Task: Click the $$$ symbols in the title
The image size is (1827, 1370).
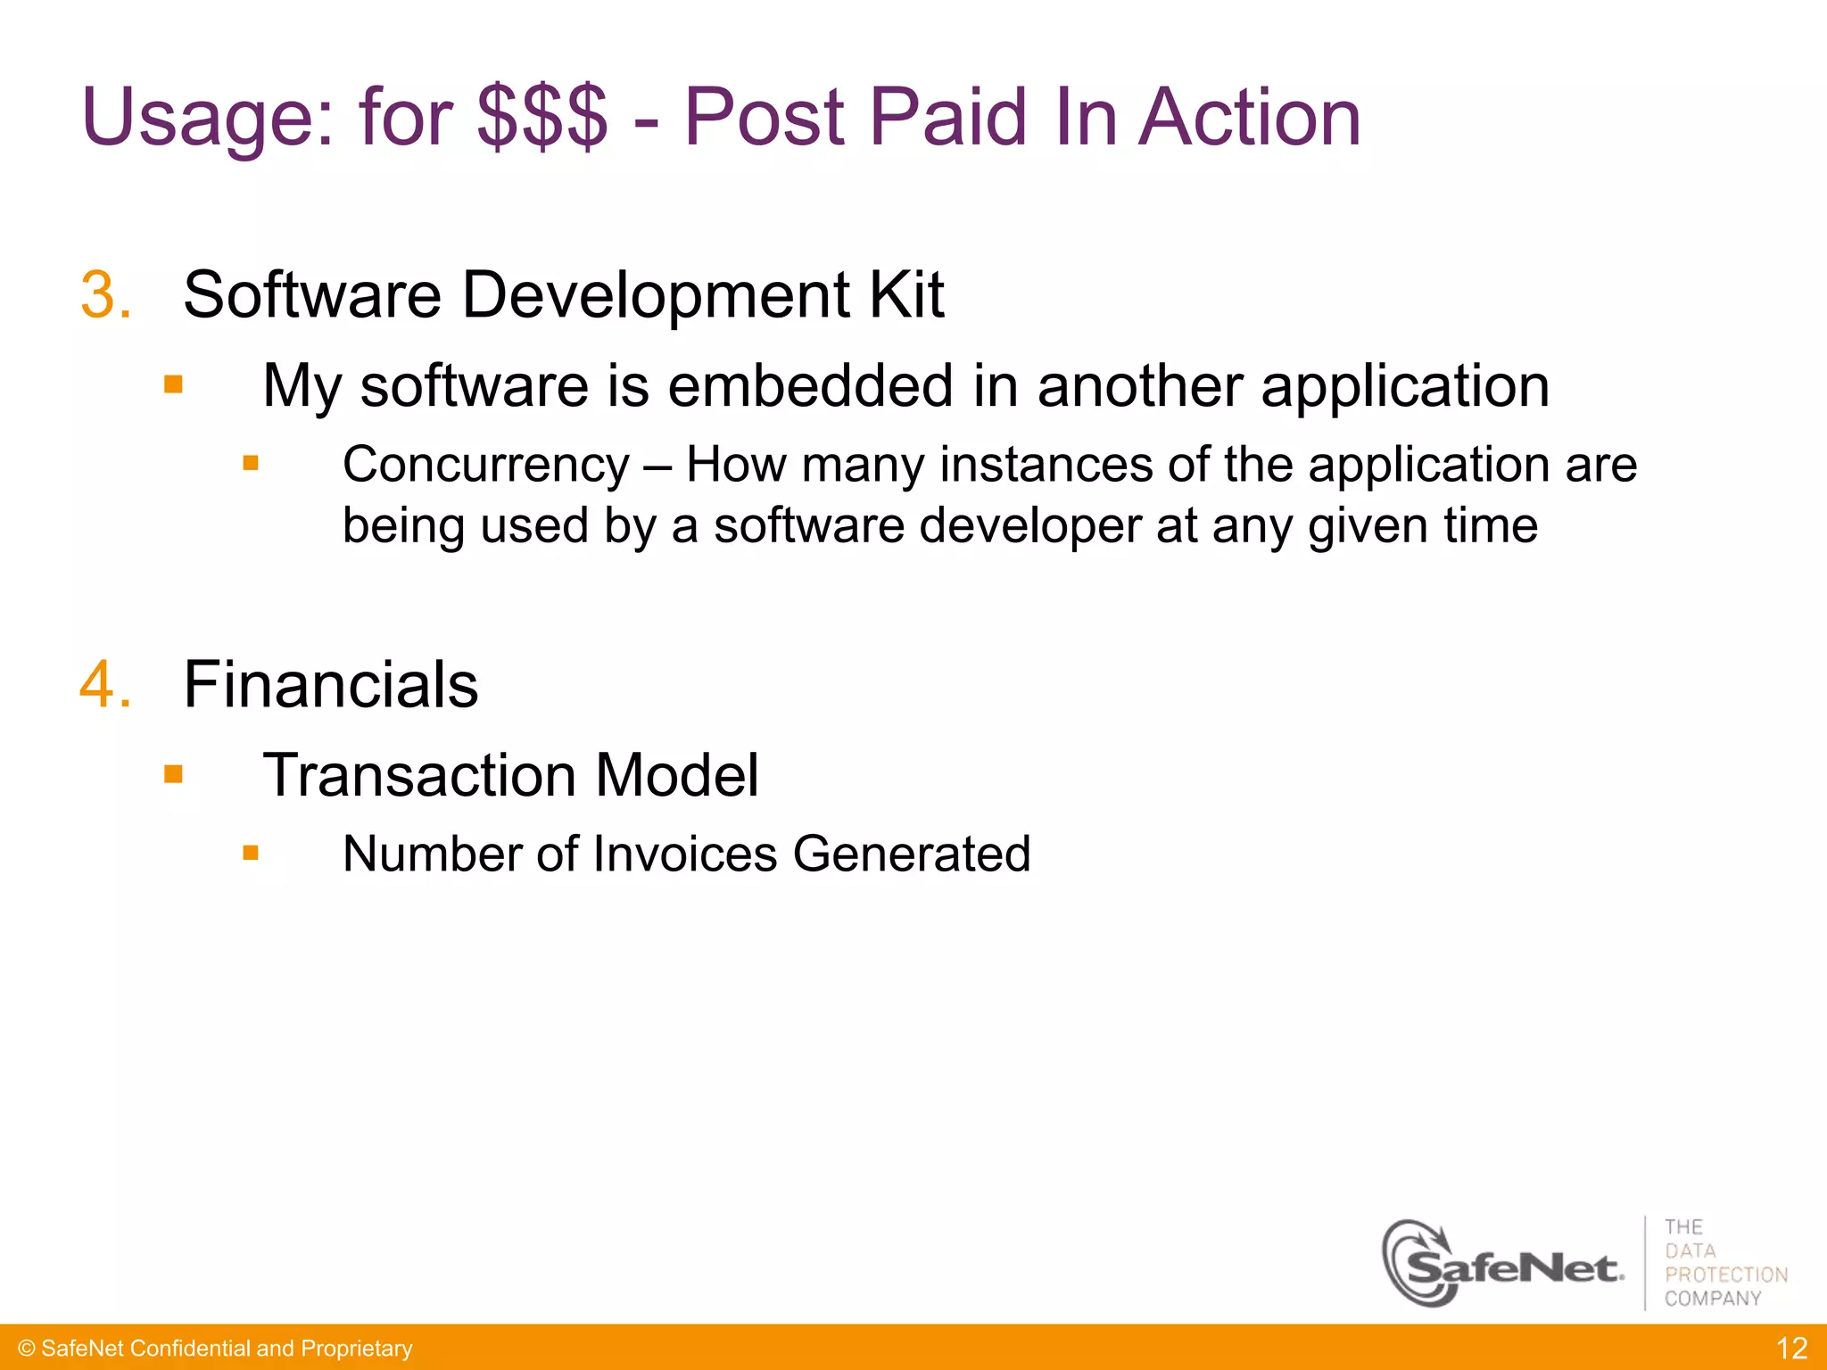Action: click(542, 118)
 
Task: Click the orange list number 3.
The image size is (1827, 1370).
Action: click(104, 295)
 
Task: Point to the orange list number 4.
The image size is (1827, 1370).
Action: click(104, 685)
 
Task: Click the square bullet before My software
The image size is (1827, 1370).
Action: click(173, 385)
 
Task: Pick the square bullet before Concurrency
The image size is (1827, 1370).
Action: click(251, 463)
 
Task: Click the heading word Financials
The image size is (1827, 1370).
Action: click(330, 685)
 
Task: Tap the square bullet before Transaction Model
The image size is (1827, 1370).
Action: click(173, 774)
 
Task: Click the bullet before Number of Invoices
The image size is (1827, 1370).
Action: click(251, 853)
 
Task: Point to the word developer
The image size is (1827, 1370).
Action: click(1030, 525)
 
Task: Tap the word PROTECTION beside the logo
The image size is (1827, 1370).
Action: click(1726, 1275)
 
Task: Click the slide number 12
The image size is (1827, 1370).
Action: click(1791, 1348)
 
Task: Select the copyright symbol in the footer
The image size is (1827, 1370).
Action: click(26, 1349)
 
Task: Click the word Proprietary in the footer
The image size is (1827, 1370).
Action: click(357, 1349)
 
